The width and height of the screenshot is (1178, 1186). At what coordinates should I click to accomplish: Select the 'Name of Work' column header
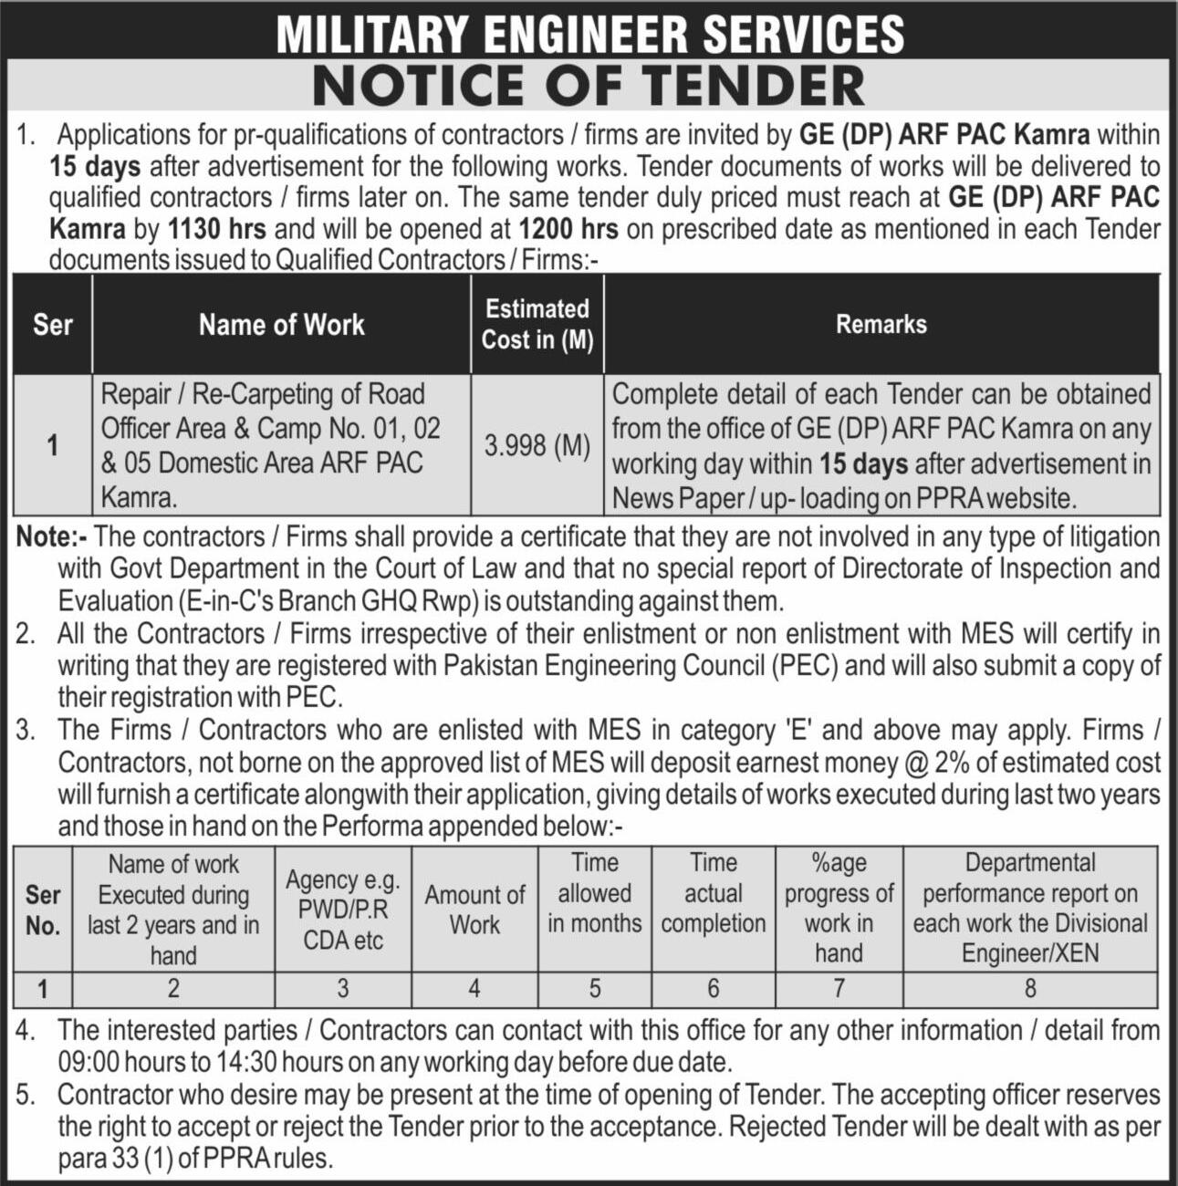(x=281, y=325)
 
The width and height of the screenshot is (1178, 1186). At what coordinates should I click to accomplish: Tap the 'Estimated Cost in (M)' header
(x=537, y=324)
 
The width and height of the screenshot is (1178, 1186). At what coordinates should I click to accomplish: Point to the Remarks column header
(x=881, y=325)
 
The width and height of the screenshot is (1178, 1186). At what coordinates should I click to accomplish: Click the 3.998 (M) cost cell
(x=537, y=446)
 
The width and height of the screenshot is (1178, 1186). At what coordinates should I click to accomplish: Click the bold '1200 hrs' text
(x=568, y=228)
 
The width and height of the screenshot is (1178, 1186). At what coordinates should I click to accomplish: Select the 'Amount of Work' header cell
(x=474, y=910)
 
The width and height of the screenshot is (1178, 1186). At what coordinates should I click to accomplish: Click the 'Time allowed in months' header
(x=594, y=893)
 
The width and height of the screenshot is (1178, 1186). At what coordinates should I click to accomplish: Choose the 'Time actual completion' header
(x=713, y=893)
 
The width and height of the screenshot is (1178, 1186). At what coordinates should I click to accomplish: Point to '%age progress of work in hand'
(x=839, y=908)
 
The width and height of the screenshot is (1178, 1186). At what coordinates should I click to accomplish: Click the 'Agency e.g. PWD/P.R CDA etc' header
(x=343, y=910)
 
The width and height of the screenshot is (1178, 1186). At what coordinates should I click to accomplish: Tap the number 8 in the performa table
(x=1030, y=989)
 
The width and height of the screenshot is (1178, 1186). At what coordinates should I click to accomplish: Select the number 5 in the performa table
(x=594, y=989)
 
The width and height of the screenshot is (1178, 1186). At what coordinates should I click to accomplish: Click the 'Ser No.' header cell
(x=43, y=910)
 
